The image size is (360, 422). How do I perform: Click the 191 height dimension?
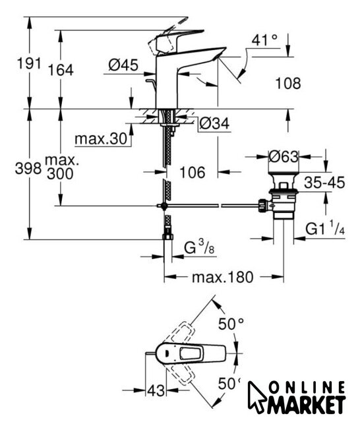(29, 63)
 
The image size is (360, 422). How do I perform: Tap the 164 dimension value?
(61, 70)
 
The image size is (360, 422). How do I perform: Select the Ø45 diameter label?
(123, 65)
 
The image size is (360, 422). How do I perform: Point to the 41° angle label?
(264, 40)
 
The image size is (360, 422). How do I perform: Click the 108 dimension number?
(288, 83)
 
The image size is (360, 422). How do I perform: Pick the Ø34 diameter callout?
(214, 123)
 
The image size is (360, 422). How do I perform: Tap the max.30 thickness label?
(101, 139)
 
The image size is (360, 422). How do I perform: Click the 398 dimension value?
(28, 169)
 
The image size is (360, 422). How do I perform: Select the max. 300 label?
(61, 167)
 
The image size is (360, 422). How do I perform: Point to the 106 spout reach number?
(193, 172)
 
